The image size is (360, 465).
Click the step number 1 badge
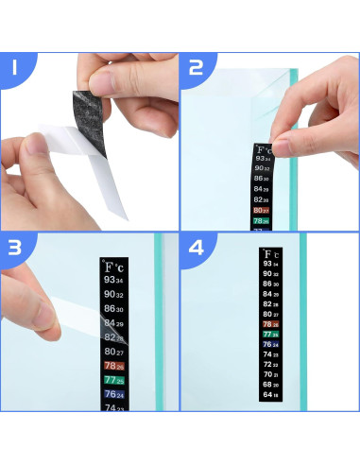pos(15,68)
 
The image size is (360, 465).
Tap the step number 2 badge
pos(196,68)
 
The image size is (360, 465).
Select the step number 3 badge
pos(15,249)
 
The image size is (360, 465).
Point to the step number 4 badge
pos(196,249)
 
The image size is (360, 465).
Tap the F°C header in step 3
pos(114,267)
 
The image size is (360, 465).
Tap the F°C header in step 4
pos(270,255)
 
